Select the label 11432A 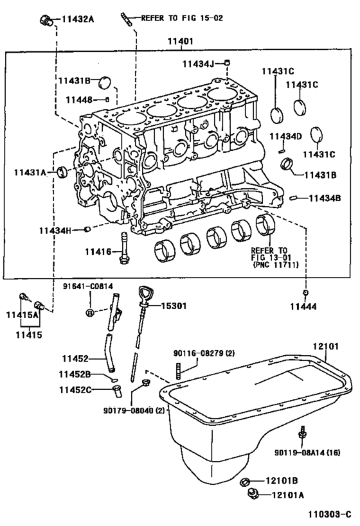78,19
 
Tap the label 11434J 197,63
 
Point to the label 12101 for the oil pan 325,346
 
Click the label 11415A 22,315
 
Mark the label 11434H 55,230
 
